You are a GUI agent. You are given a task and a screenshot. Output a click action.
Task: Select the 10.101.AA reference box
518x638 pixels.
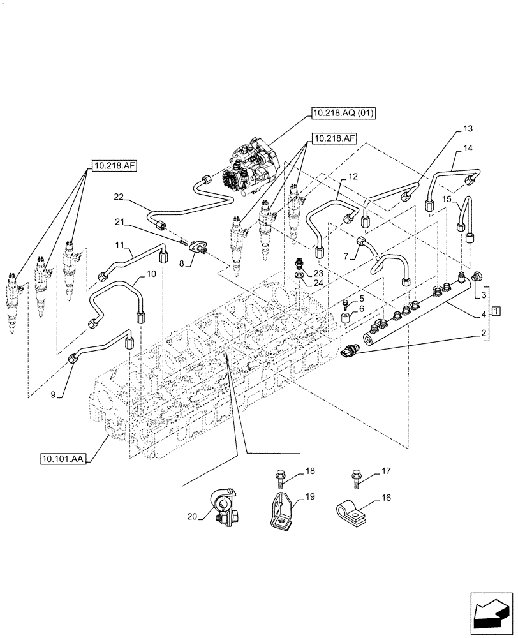point(63,458)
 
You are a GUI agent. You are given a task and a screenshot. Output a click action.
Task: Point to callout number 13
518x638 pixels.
point(468,130)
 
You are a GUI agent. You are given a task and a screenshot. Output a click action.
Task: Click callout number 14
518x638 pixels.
point(468,149)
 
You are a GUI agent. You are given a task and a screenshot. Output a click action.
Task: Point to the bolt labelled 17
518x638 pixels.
point(355,478)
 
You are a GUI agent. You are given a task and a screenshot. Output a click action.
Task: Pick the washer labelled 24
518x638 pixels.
point(300,276)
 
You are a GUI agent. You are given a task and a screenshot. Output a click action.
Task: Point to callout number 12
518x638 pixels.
point(353,175)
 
